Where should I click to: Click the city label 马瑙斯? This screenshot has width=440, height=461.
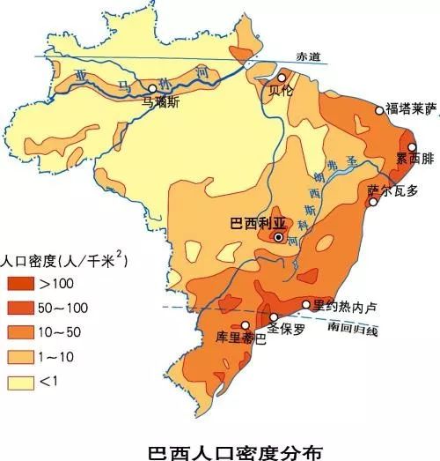[160, 101]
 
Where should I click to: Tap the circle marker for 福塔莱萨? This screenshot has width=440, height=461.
[380, 110]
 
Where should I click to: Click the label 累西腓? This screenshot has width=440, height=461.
[413, 160]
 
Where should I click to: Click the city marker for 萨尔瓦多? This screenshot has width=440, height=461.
[373, 202]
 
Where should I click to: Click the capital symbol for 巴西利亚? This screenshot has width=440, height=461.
[279, 237]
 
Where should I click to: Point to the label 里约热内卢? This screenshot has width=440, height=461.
[345, 306]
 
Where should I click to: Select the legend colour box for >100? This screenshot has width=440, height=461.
[20, 284]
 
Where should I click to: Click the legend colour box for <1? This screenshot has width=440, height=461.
[20, 383]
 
